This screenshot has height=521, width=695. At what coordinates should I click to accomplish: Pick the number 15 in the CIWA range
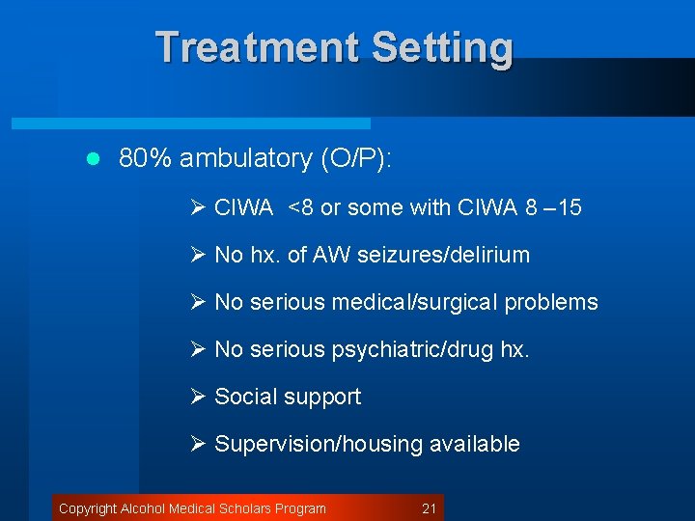click(570, 207)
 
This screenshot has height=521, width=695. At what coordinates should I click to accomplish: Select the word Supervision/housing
click(319, 444)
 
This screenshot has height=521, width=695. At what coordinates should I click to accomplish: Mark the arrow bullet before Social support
click(199, 397)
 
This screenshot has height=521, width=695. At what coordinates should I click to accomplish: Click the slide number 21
click(430, 508)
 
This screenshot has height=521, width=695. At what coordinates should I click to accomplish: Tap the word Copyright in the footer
click(88, 508)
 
